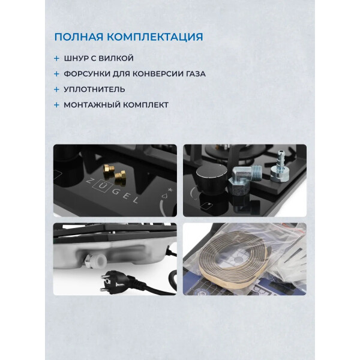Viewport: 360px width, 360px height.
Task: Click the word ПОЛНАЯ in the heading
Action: pos(79,37)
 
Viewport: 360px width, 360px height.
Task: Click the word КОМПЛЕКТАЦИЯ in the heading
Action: pos(155,37)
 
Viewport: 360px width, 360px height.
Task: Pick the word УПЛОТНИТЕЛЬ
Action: pos(94,89)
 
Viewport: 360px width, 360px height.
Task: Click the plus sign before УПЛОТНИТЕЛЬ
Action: pos(56,89)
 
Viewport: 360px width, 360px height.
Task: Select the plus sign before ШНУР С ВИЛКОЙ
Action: pos(56,58)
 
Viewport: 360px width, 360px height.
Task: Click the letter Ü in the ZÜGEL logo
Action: pos(101,185)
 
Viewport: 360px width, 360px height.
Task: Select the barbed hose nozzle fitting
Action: pos(280,166)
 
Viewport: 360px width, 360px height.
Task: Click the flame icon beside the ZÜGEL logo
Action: pos(163,196)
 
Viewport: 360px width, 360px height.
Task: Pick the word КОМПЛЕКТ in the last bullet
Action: pos(146,105)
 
